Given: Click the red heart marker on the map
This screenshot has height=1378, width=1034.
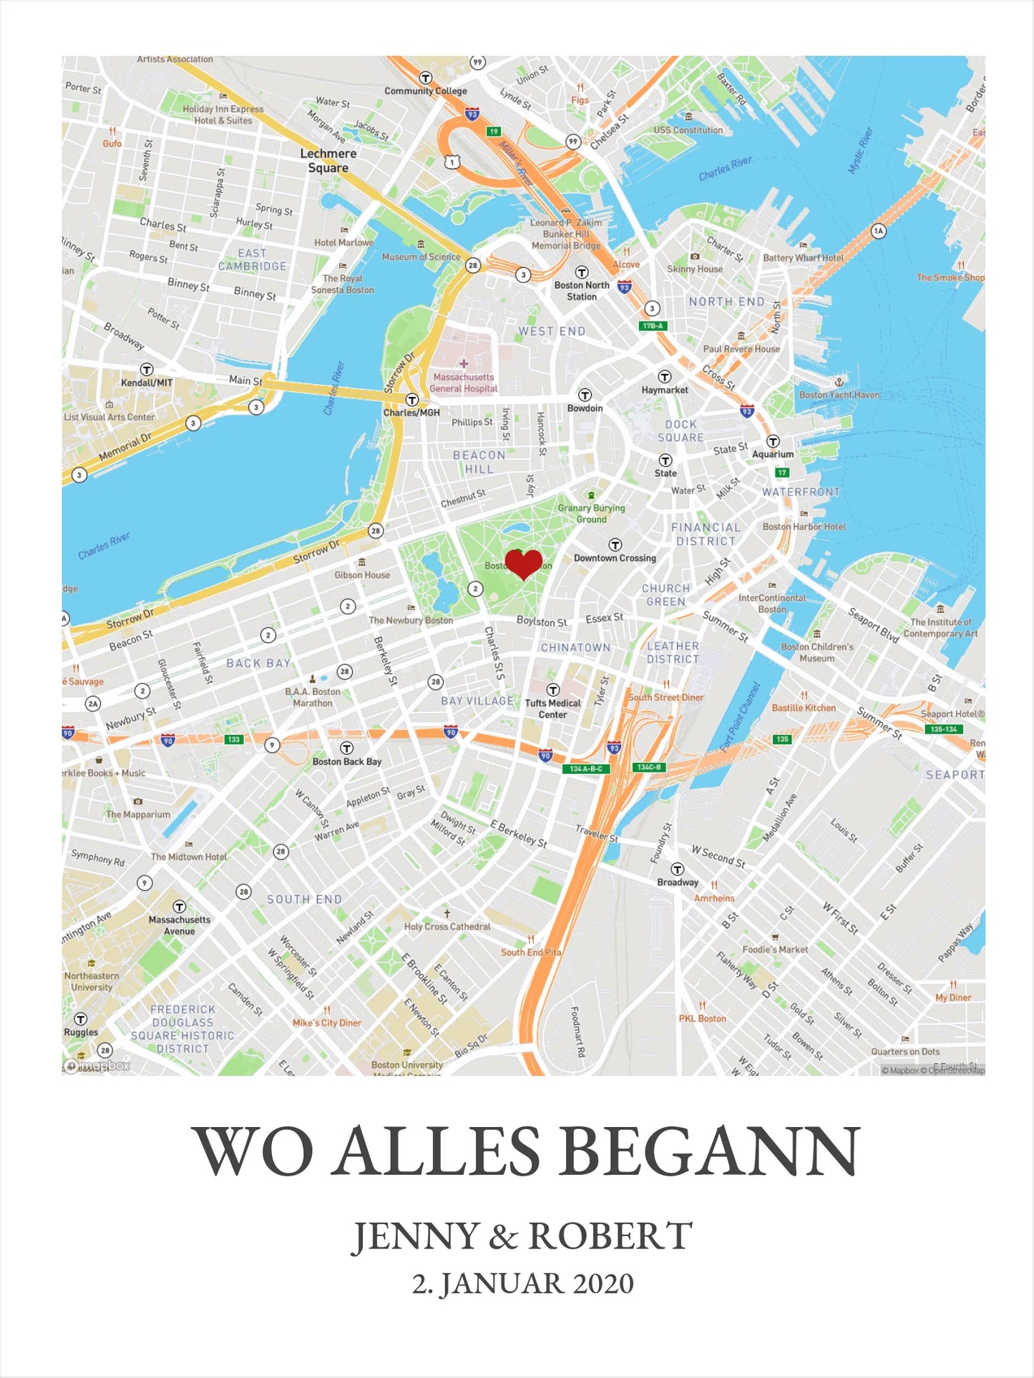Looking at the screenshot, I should tap(524, 563).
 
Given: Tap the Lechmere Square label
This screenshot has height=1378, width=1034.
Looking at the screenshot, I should tap(328, 161).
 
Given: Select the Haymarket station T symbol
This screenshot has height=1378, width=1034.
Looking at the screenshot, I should tap(665, 377).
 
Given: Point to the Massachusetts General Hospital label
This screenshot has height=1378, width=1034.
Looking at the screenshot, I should tap(464, 383).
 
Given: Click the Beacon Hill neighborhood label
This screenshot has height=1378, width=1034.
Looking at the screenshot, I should tap(479, 462).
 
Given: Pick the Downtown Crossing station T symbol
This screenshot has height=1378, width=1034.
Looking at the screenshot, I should tap(615, 545).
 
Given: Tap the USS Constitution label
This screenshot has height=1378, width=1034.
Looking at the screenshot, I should tap(688, 130).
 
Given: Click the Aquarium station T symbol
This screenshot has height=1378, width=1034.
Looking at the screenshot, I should tap(773, 441).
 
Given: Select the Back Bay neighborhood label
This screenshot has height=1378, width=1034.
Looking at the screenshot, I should tap(258, 664).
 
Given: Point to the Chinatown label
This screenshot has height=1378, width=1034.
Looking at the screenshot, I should tap(575, 648).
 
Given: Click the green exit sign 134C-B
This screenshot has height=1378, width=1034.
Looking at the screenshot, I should tap(648, 767).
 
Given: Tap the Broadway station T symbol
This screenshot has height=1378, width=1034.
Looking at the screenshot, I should tap(677, 870).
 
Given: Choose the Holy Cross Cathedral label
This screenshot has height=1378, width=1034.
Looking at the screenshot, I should tap(447, 927).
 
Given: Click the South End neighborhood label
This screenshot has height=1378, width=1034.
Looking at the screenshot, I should tap(304, 900).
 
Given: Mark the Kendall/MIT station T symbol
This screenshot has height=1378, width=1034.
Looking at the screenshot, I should tap(147, 370).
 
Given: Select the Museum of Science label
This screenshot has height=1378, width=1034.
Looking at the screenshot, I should tap(421, 257).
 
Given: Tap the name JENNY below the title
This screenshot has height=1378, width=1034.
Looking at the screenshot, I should tap(416, 1236).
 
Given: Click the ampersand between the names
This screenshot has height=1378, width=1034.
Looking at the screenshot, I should tap(504, 1237).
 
